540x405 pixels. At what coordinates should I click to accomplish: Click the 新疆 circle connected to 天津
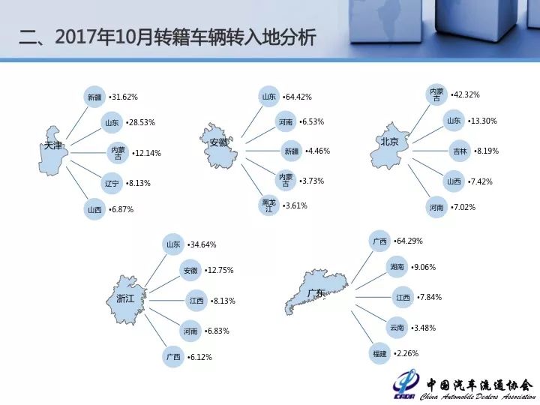coord(94,97)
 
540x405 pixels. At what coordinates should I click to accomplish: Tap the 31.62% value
coord(123,97)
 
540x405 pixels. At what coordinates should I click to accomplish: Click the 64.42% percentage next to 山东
coord(297,97)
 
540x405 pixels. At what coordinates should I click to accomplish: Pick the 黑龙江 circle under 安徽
coord(268,205)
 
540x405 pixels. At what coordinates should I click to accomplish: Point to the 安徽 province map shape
coord(219,145)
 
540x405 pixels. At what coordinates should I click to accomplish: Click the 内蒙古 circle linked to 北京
coord(436,94)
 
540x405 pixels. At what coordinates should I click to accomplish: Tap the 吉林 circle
coord(460,151)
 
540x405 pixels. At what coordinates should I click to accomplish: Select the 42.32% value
coord(465,94)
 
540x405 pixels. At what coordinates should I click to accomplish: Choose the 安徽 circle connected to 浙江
coord(190,270)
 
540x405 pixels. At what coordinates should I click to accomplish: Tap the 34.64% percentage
coord(202,244)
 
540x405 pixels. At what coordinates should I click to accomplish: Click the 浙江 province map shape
coord(126,300)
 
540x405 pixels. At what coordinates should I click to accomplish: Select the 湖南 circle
coord(397,267)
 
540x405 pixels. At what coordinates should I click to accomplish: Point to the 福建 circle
coord(379,353)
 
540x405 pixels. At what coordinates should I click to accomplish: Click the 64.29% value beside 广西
coord(408,241)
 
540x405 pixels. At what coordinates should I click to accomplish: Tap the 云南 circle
coord(397,328)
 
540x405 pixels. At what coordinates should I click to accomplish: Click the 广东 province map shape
coord(316,292)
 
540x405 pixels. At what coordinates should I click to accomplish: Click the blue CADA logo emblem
coord(406,385)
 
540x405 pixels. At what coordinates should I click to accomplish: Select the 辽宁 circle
coord(112,183)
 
